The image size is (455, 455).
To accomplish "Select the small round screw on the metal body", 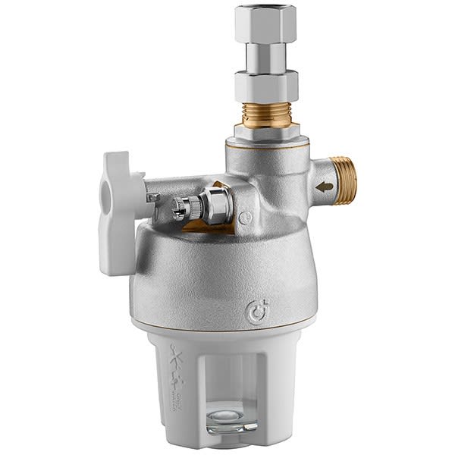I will pos(244,218).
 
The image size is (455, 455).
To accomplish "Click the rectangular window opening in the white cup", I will pos(227,387).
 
